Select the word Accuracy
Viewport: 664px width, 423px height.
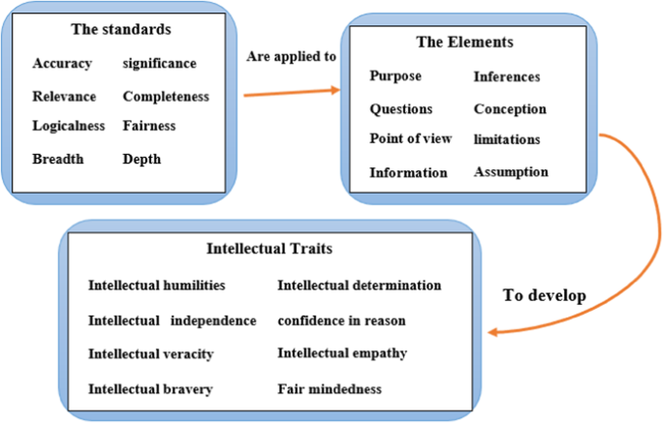62,64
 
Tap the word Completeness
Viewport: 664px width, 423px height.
166,97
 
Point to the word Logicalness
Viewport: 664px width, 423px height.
69,126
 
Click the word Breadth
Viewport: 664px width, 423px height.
58,159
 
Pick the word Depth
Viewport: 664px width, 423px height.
142,159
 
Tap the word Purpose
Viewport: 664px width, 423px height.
395,76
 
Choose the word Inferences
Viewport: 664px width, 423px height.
506,76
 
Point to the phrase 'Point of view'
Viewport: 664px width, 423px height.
410,138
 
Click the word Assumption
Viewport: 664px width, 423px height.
511,172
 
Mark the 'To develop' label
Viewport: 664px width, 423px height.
544,295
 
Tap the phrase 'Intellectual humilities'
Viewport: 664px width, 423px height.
156,286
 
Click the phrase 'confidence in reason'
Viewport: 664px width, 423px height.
341,320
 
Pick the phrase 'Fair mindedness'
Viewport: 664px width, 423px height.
330,389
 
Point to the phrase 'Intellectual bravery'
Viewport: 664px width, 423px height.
150,389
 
